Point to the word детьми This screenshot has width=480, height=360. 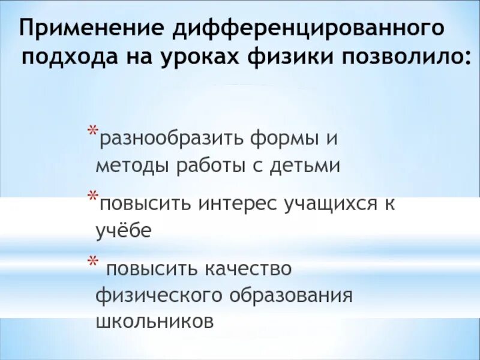point(307,166)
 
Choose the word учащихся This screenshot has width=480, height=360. point(329,203)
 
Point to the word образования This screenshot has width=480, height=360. point(289,295)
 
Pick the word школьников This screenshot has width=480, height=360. point(155,321)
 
